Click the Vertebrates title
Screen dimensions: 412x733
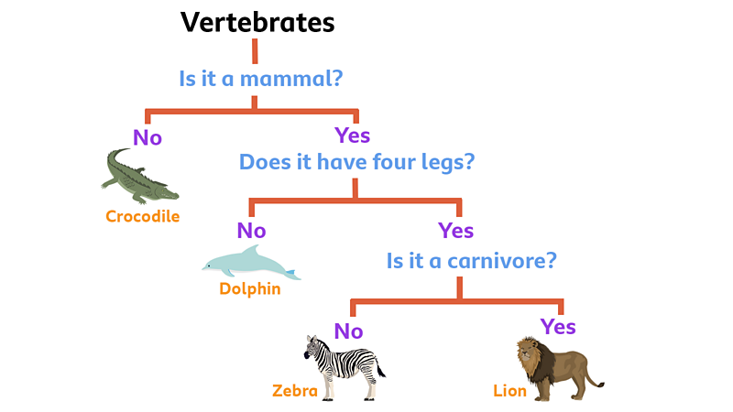[x=257, y=22]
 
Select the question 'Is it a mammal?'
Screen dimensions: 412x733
[x=261, y=78]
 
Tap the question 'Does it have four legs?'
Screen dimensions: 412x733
[x=357, y=162]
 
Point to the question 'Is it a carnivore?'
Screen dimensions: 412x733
[x=472, y=260]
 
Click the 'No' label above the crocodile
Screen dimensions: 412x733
[x=148, y=137]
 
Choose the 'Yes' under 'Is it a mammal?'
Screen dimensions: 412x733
[x=353, y=136]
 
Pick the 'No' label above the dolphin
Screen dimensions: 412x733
[x=251, y=230]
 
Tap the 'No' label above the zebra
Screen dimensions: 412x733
[x=348, y=331]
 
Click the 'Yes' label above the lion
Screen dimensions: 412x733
[x=558, y=327]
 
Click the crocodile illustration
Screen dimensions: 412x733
[x=137, y=176]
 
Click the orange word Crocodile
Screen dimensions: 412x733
[x=142, y=217]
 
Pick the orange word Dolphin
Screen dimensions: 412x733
[x=249, y=289]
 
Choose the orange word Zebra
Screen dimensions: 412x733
[x=294, y=391]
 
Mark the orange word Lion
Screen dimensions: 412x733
[x=510, y=391]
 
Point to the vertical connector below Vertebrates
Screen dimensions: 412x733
[x=255, y=50]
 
